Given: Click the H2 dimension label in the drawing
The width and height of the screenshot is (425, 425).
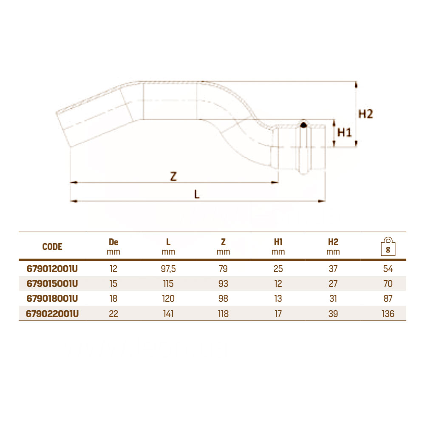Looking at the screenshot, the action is [365, 114].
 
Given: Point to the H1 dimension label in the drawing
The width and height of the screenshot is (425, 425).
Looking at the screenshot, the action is [344, 133].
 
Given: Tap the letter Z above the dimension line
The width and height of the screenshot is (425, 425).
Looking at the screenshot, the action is [173, 176].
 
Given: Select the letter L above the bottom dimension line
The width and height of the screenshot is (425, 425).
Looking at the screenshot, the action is [197, 194].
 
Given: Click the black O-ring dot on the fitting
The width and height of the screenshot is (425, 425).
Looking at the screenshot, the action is [303, 125].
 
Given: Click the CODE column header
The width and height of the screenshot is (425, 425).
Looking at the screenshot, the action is [52, 246].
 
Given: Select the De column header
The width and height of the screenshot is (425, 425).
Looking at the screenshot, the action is [113, 242].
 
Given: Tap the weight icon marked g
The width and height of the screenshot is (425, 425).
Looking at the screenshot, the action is [388, 246].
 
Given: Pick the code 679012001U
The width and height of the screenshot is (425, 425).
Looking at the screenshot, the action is [52, 269].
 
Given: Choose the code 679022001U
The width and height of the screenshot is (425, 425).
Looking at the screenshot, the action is [52, 314].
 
